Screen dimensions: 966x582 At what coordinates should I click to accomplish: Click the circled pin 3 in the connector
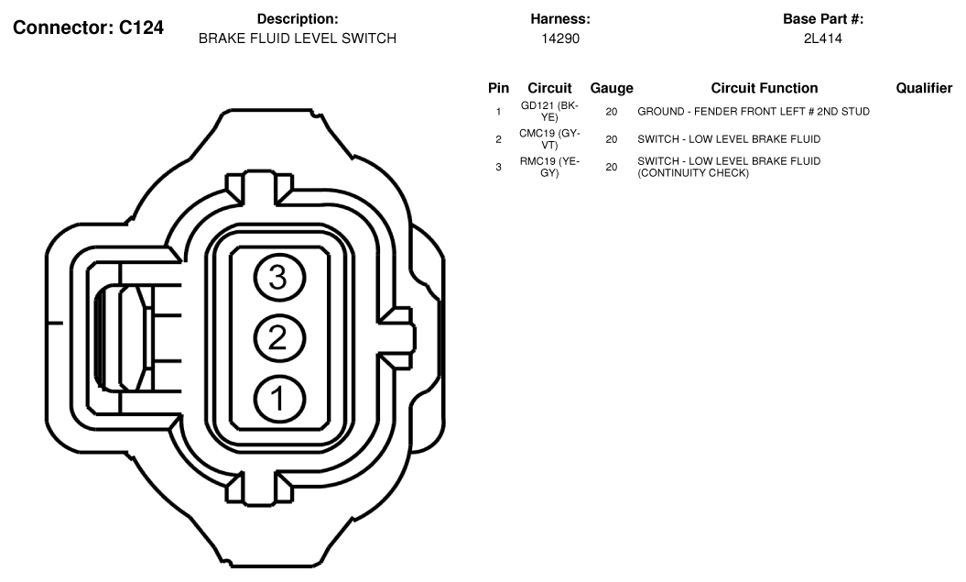pos(279,278)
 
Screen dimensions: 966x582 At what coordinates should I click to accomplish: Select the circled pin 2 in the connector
pos(279,338)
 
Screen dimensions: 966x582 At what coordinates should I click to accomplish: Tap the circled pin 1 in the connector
pos(279,399)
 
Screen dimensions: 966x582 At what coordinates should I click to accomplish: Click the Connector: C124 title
pos(88,27)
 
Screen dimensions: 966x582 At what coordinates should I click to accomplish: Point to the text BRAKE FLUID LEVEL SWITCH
pos(297,38)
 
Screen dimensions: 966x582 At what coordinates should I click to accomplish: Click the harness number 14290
pos(560,38)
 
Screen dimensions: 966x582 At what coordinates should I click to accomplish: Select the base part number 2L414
pos(822,38)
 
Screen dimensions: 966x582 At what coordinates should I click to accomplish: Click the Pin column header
pos(498,88)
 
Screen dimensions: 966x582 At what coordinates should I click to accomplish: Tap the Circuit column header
pos(549,88)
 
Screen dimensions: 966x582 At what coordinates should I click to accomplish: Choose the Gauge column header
pos(611,89)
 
